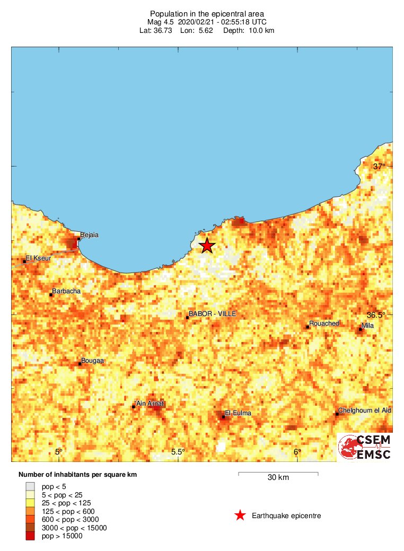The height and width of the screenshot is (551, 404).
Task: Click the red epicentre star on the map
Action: (x=207, y=246)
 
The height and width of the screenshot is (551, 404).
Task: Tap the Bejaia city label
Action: (x=89, y=235)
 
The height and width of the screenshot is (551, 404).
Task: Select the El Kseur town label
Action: (x=38, y=257)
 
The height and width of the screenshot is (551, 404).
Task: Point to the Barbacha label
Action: (x=66, y=291)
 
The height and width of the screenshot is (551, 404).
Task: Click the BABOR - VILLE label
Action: (x=212, y=314)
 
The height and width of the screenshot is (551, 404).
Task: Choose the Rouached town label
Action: (x=324, y=323)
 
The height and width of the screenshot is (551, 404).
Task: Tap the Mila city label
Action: (x=367, y=326)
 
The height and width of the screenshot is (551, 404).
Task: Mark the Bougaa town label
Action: (x=92, y=361)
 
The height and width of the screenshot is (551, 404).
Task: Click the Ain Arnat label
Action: (x=151, y=404)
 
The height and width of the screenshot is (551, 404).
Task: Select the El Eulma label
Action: (x=238, y=413)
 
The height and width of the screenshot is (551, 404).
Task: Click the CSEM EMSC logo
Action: (x=365, y=447)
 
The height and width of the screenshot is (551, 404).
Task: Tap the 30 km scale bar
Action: (x=278, y=473)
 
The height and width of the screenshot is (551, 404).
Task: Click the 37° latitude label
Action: (x=379, y=167)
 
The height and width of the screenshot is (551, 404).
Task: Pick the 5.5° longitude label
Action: (x=178, y=452)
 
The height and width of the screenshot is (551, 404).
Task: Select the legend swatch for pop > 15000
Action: (x=30, y=536)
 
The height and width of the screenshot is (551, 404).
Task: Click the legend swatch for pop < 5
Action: (x=30, y=486)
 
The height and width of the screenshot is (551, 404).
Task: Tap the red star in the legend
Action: (x=240, y=515)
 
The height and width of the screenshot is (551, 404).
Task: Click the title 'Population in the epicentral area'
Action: (x=207, y=13)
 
